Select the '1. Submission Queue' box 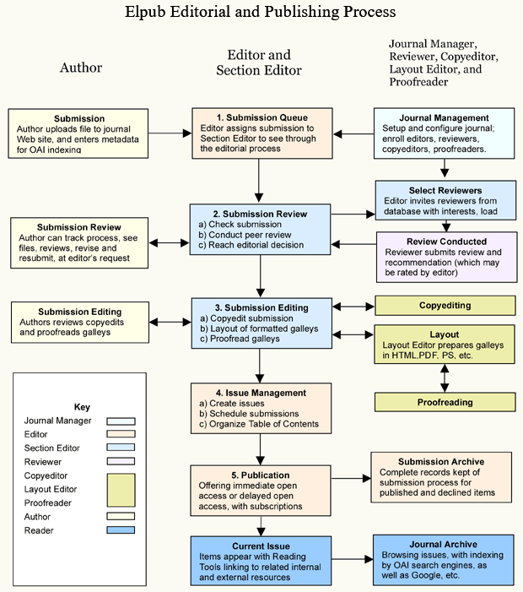click(261, 133)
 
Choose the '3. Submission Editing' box click(261, 323)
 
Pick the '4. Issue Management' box click(261, 408)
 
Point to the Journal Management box click(444, 133)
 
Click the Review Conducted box click(445, 258)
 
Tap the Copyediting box click(445, 305)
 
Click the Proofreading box click(445, 402)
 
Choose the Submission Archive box click(441, 477)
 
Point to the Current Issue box click(261, 560)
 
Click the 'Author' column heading click(81, 68)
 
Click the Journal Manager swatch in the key click(121, 421)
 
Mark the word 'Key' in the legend click(82, 406)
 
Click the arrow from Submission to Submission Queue click(173, 133)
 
